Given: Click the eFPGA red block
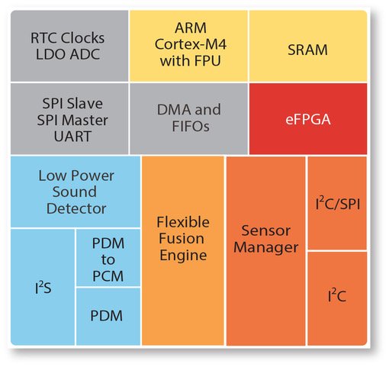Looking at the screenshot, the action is click(x=308, y=119).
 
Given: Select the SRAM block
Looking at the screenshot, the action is click(x=308, y=46).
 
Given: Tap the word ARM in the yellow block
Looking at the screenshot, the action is click(x=191, y=27).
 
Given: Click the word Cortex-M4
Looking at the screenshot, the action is click(x=191, y=44).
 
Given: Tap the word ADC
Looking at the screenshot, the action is click(x=85, y=54).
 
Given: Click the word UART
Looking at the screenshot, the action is click(x=72, y=137).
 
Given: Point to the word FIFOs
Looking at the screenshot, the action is click(x=191, y=126).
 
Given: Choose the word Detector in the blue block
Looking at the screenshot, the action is click(x=76, y=208).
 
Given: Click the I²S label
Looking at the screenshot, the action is click(x=43, y=288).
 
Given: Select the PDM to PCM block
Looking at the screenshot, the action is click(x=108, y=258).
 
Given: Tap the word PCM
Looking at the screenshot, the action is click(x=108, y=276).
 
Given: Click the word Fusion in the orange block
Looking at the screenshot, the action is click(x=182, y=239).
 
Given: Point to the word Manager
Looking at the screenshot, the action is click(x=266, y=247).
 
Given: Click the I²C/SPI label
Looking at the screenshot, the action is click(x=338, y=204).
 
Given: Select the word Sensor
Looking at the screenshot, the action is click(x=266, y=230).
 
